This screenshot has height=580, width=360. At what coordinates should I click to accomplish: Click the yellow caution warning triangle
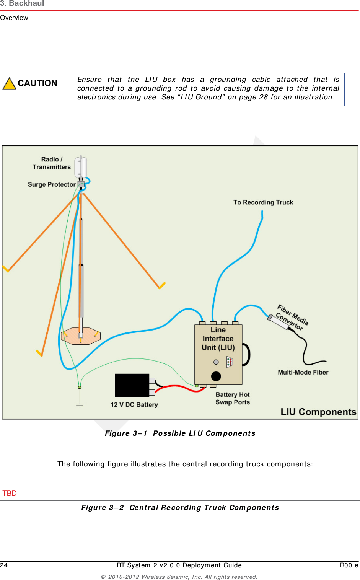point(9,84)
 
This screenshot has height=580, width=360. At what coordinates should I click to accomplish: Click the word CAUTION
point(37,83)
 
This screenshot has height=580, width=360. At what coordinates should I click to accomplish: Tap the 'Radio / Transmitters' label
point(52,163)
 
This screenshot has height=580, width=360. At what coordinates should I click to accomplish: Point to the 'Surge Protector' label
point(52,184)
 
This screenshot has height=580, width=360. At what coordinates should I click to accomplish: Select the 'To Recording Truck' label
point(263,202)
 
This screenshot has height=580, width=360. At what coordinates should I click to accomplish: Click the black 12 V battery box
point(132,385)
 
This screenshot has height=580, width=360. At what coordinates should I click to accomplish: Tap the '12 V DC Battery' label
point(134,405)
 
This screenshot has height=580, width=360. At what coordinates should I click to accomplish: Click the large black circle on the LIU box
point(216,376)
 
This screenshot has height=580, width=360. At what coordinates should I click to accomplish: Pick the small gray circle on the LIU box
point(216,362)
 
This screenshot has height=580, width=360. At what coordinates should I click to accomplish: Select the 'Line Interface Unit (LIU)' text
point(218,339)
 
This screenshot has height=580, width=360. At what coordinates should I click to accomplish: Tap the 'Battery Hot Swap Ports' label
point(233,398)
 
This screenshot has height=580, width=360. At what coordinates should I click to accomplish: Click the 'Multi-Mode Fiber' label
point(303,372)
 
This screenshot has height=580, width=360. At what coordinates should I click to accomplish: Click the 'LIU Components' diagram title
point(318,412)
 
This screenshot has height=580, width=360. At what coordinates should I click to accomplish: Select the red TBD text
point(10,494)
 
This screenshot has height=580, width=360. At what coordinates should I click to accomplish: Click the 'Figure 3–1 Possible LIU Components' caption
point(180,433)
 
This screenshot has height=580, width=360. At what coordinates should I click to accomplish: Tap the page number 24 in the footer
point(4,565)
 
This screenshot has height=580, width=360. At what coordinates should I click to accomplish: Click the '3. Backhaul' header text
point(22,3)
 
